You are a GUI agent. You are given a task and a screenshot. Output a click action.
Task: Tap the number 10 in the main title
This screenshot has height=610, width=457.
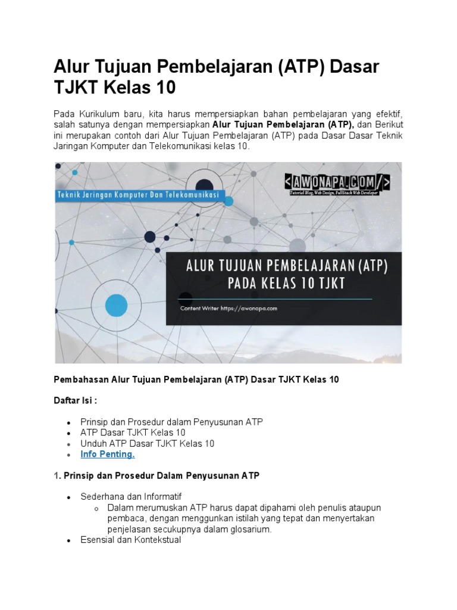164,88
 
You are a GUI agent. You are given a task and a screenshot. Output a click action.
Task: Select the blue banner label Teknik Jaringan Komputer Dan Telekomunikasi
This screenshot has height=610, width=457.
138,195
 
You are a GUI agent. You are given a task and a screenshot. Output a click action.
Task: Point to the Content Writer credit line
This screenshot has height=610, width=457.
228,309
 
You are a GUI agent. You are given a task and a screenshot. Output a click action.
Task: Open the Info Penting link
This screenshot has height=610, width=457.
108,455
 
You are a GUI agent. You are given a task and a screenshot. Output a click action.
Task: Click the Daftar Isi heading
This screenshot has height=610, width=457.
76,400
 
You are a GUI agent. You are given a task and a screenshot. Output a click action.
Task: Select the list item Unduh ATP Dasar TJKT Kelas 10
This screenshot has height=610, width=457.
148,444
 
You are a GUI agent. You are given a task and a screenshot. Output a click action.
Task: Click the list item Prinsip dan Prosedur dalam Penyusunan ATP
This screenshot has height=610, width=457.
171,422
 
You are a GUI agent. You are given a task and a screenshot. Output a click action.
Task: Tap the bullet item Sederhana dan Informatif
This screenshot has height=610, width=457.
131,497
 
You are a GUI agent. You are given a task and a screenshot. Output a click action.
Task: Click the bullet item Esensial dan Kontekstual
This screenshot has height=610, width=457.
131,540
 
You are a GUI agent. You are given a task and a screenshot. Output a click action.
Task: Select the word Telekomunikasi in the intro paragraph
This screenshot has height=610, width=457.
196,145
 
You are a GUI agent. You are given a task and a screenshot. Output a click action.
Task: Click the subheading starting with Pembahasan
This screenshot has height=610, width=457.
196,379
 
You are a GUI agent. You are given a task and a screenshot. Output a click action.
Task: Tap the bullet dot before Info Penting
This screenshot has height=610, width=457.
69,455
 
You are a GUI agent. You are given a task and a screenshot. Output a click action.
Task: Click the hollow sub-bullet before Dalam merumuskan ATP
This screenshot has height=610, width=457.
96,508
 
